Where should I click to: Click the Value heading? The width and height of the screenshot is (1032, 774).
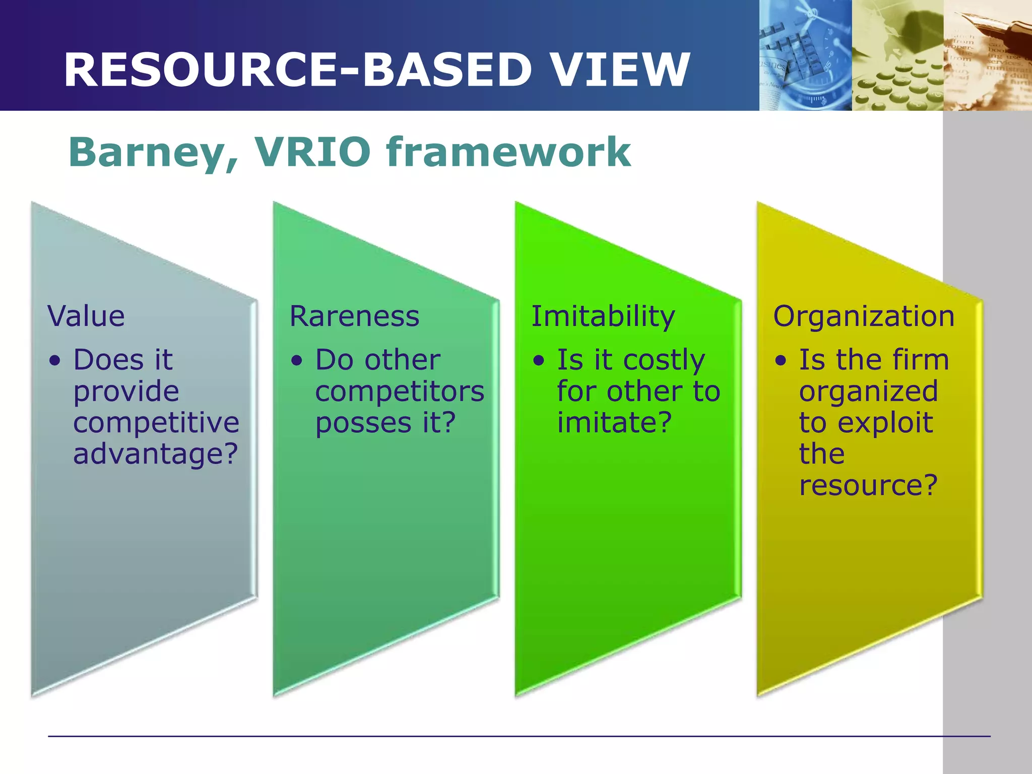click(x=86, y=316)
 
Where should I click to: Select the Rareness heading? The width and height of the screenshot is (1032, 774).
click(x=354, y=316)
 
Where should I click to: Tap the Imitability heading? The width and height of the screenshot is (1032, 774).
click(x=603, y=316)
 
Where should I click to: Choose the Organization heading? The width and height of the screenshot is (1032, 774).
click(x=864, y=316)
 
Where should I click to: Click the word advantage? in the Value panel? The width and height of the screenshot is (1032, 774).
click(x=155, y=454)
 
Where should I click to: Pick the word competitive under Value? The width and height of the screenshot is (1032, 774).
click(x=156, y=422)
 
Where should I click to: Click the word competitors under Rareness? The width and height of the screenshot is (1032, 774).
click(x=400, y=392)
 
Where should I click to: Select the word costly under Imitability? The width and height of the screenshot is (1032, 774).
click(x=664, y=361)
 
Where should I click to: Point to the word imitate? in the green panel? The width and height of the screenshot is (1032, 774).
click(x=614, y=422)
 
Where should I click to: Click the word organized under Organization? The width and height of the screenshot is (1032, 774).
click(x=868, y=392)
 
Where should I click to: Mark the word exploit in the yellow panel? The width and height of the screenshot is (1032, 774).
click(x=885, y=422)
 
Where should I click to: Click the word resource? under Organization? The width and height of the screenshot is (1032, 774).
click(x=868, y=485)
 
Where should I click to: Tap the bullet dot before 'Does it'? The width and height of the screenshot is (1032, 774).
click(x=55, y=361)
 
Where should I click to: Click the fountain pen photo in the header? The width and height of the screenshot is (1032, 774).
click(x=988, y=55)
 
